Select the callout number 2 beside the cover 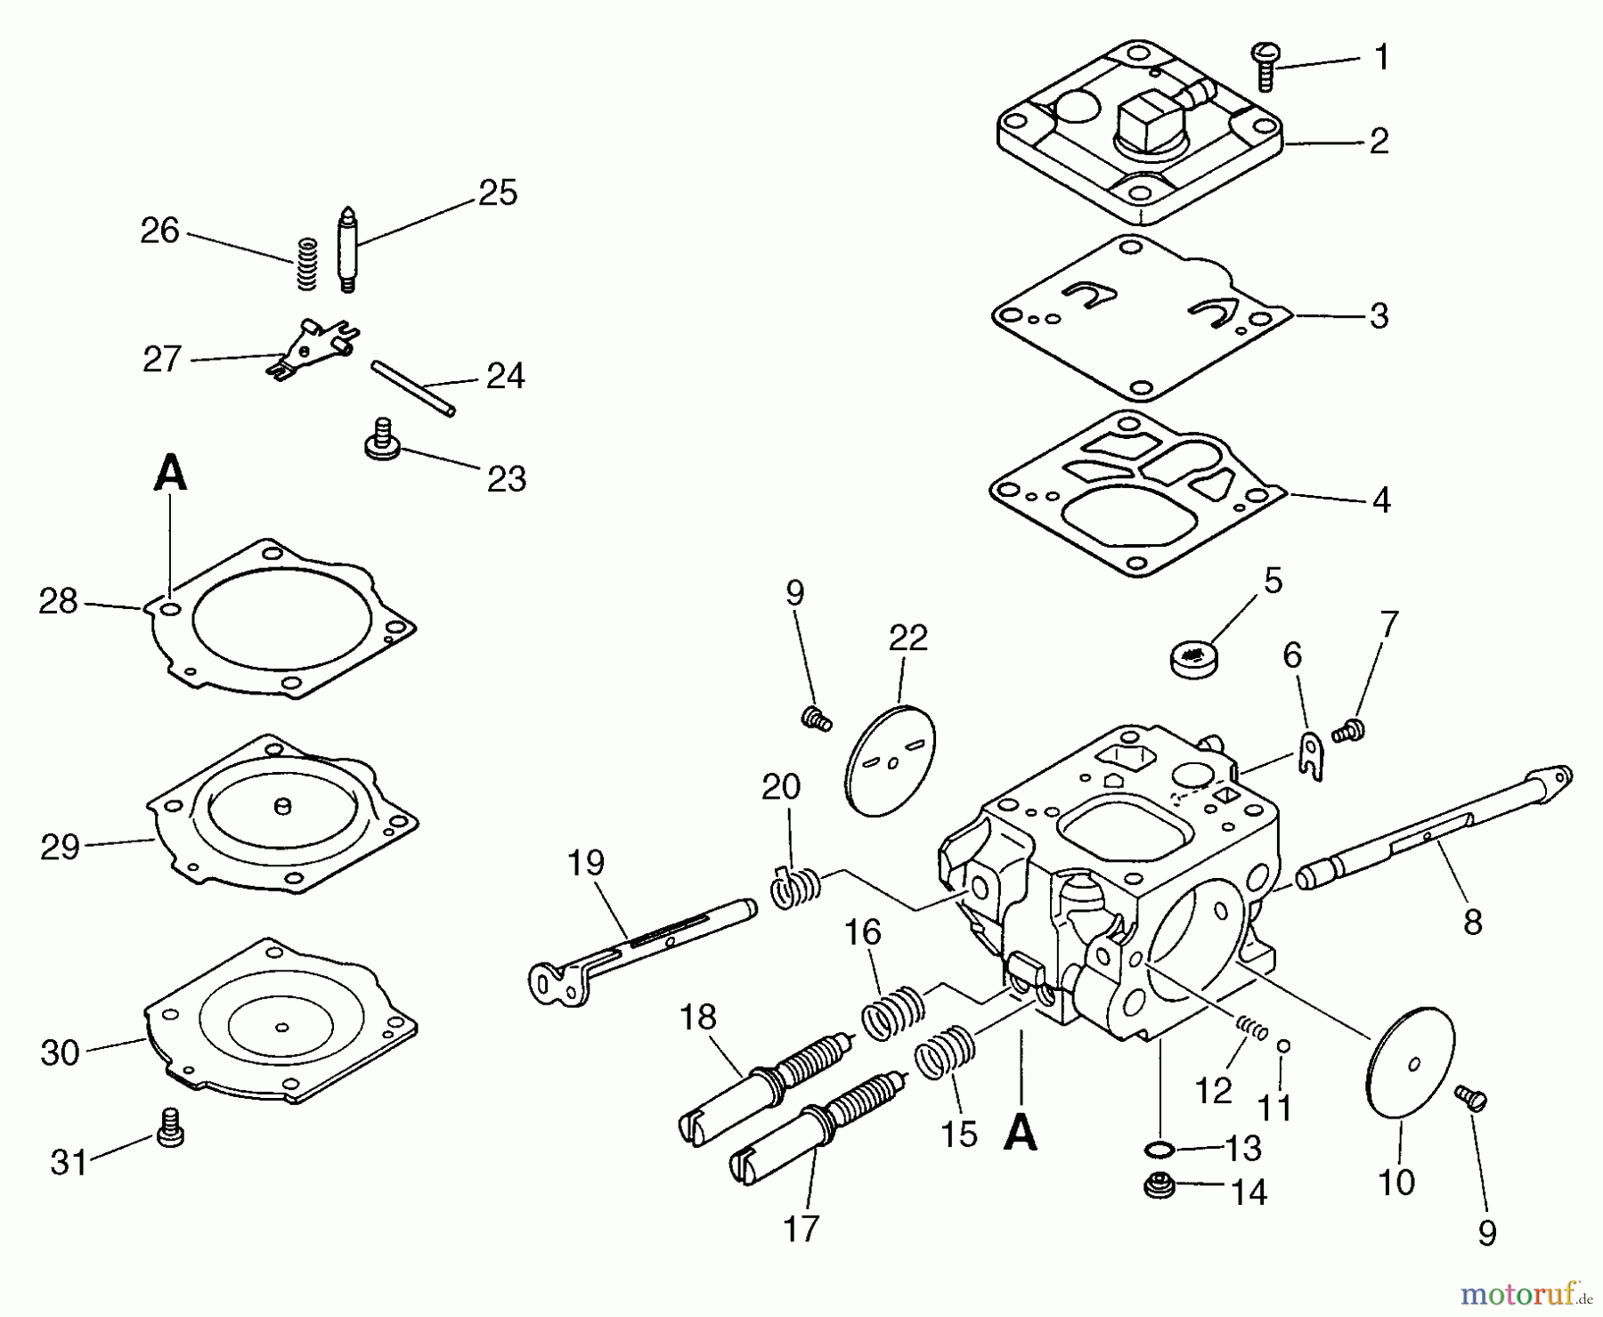(x=1379, y=142)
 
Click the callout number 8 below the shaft (x=1473, y=922)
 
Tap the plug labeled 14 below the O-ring (x=1159, y=1186)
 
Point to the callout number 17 (x=801, y=1229)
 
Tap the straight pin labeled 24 (x=413, y=386)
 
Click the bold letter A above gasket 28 (x=170, y=473)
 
